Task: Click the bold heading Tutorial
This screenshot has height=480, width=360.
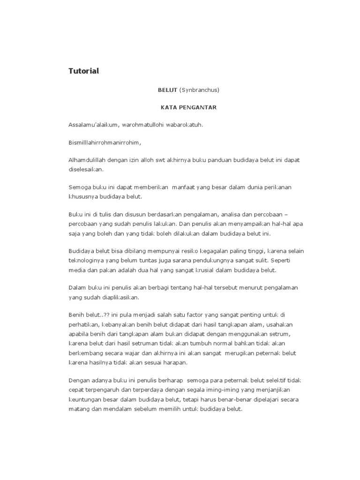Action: pyautogui.click(x=84, y=71)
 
